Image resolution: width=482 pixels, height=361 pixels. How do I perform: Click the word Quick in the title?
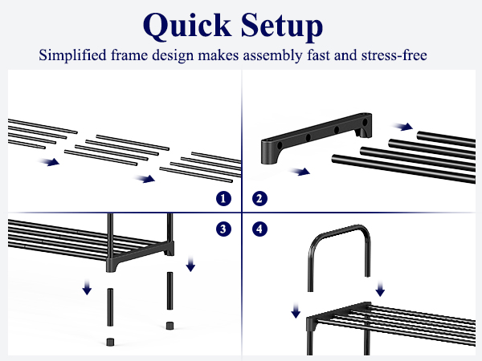coord(187,26)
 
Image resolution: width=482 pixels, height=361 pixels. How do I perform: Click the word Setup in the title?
coord(282,26)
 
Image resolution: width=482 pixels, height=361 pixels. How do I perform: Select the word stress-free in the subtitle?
coord(394,55)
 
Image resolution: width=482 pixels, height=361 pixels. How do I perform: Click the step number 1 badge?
coord(223,199)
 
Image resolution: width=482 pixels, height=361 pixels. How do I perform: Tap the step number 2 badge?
coord(259,199)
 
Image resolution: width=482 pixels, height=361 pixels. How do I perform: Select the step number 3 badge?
coord(223,229)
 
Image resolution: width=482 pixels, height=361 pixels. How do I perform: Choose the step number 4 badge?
coord(259,229)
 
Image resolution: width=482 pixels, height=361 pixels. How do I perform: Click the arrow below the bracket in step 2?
coord(300,172)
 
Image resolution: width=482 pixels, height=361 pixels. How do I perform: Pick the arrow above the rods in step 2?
coord(402,126)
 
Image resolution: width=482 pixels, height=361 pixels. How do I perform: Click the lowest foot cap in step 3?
coord(110,342)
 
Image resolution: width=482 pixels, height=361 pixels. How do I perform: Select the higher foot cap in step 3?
coord(170,326)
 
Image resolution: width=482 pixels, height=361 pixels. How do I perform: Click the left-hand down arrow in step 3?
coord(87,287)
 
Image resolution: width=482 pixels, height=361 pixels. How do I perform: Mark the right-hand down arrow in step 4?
coord(380,289)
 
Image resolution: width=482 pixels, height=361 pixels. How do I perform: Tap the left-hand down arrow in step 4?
coord(296,310)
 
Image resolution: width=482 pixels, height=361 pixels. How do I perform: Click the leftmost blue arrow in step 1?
coord(48,162)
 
